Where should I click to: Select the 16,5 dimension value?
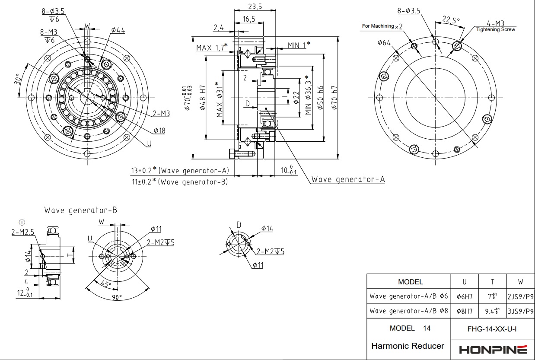pos(249,19)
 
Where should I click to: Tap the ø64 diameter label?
pos(384,42)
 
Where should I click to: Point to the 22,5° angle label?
pos(451,19)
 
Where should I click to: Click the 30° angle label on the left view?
pos(18,79)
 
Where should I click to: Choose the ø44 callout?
pos(118,30)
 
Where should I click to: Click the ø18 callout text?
pos(159,131)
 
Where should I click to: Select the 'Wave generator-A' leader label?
pos(348,179)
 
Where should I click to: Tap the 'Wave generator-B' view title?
pos(80,210)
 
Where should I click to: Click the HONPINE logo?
pos(493,349)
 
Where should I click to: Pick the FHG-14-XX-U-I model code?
pos(492,329)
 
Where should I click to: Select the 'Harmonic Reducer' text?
pos(408,346)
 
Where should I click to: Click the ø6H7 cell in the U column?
pos(465,296)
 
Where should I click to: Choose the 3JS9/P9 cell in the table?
pos(520,311)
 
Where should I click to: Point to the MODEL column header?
pos(410,282)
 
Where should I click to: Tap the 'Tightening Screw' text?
pos(495,30)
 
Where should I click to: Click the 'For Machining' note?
pos(378,26)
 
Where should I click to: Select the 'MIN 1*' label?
pos(299,45)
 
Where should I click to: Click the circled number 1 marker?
pos(22,223)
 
